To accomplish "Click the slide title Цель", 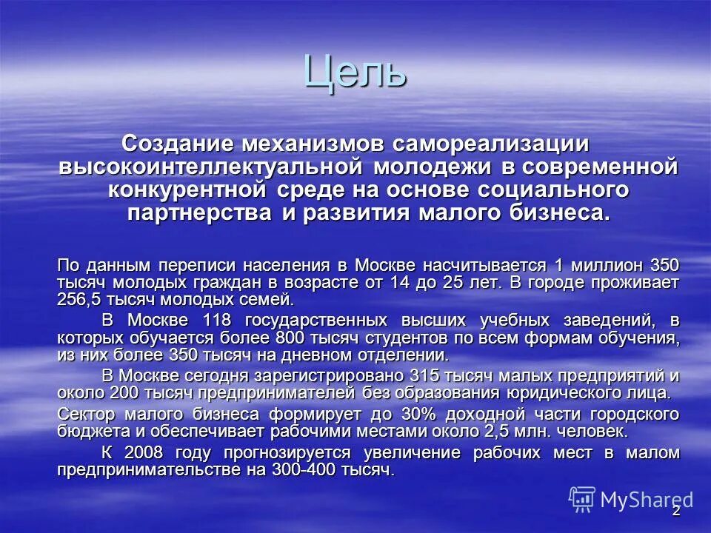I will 355,73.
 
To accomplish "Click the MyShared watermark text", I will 647,500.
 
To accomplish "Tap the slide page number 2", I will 675,512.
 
